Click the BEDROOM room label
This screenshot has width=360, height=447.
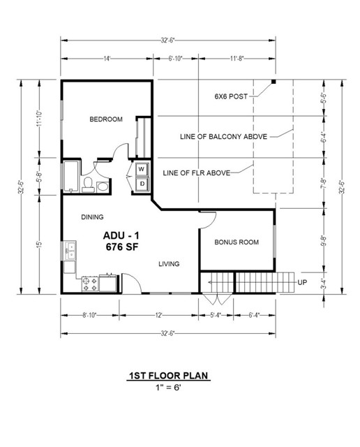click(105, 119)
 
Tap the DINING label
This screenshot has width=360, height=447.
click(93, 217)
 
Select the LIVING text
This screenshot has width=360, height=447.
click(169, 264)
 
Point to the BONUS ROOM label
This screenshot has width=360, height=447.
click(237, 242)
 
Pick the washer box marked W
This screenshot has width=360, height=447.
click(141, 170)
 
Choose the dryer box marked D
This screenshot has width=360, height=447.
click(141, 184)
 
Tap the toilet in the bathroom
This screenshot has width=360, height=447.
click(88, 184)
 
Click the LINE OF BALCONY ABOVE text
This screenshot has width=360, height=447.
click(223, 137)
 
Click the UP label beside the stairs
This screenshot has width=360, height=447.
click(301, 282)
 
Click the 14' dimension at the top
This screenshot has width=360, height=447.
click(107, 59)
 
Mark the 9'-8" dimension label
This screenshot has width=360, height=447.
click(322, 240)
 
